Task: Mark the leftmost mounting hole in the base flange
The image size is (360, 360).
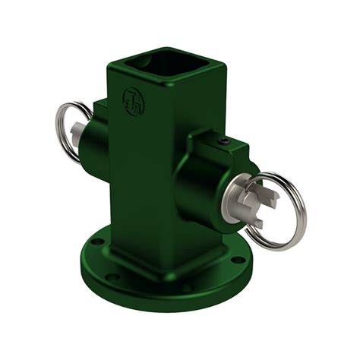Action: [95, 244]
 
